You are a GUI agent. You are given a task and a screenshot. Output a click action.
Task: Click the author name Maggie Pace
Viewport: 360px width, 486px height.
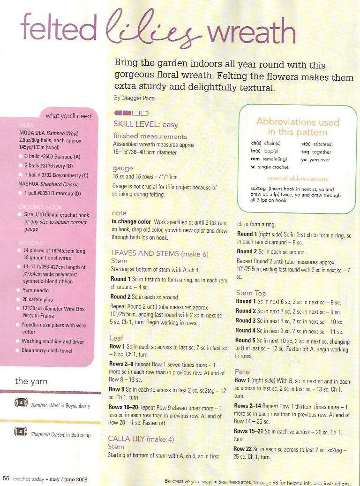[x=134, y=98]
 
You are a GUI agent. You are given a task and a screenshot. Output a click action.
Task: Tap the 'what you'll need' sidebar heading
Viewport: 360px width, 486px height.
[x=68, y=115]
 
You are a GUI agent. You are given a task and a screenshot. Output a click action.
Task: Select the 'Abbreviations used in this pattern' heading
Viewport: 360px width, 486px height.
[x=298, y=127]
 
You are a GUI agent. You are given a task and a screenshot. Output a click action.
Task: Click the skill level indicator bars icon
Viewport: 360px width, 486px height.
[x=131, y=113]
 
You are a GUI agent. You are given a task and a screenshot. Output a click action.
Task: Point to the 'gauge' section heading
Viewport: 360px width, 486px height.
[x=123, y=168]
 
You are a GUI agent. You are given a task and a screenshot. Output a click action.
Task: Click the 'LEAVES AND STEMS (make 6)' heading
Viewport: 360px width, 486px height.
[x=159, y=253]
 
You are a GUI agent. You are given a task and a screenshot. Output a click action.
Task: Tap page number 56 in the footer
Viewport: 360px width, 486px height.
[x=6, y=479]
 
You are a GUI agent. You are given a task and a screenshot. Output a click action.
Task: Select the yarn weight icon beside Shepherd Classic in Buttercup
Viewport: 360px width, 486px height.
[x=21, y=433]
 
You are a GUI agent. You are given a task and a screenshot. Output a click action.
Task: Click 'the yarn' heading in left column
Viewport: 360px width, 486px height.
[x=31, y=381]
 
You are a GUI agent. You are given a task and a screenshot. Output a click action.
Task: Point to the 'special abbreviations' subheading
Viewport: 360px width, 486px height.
[x=298, y=179]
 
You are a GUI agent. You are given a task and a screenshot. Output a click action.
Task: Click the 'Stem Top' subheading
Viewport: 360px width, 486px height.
[x=251, y=293]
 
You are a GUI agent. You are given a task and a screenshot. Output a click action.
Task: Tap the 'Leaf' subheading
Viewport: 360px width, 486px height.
[x=117, y=338]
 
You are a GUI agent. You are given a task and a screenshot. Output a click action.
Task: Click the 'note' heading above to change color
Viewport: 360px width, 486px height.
[x=119, y=213]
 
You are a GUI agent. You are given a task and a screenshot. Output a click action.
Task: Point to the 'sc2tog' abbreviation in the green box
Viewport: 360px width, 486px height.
[x=259, y=188]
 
